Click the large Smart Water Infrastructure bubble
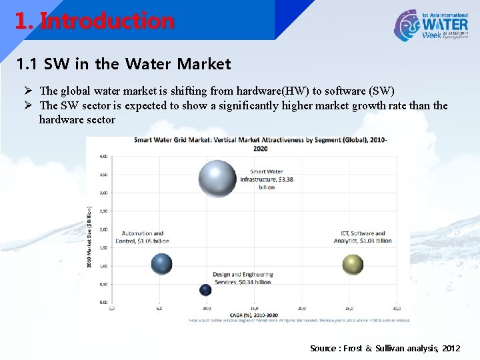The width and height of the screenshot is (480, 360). click(217, 178)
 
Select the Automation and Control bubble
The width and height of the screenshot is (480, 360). click(161, 264)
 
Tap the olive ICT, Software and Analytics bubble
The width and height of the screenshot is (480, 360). click(353, 265)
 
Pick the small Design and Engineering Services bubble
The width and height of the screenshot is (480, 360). click(205, 290)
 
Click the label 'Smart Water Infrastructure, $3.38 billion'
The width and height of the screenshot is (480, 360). click(266, 179)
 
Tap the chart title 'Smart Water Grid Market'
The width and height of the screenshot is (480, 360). click(260, 143)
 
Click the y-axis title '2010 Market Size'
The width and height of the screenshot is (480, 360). click(89, 237)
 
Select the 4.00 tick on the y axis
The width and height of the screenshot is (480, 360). click(104, 156)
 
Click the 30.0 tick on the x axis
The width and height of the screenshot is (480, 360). click(397, 309)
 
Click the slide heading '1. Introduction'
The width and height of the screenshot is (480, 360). click(94, 21)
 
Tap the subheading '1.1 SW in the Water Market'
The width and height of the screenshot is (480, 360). click(123, 64)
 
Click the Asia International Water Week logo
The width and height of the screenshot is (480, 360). click(430, 25)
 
